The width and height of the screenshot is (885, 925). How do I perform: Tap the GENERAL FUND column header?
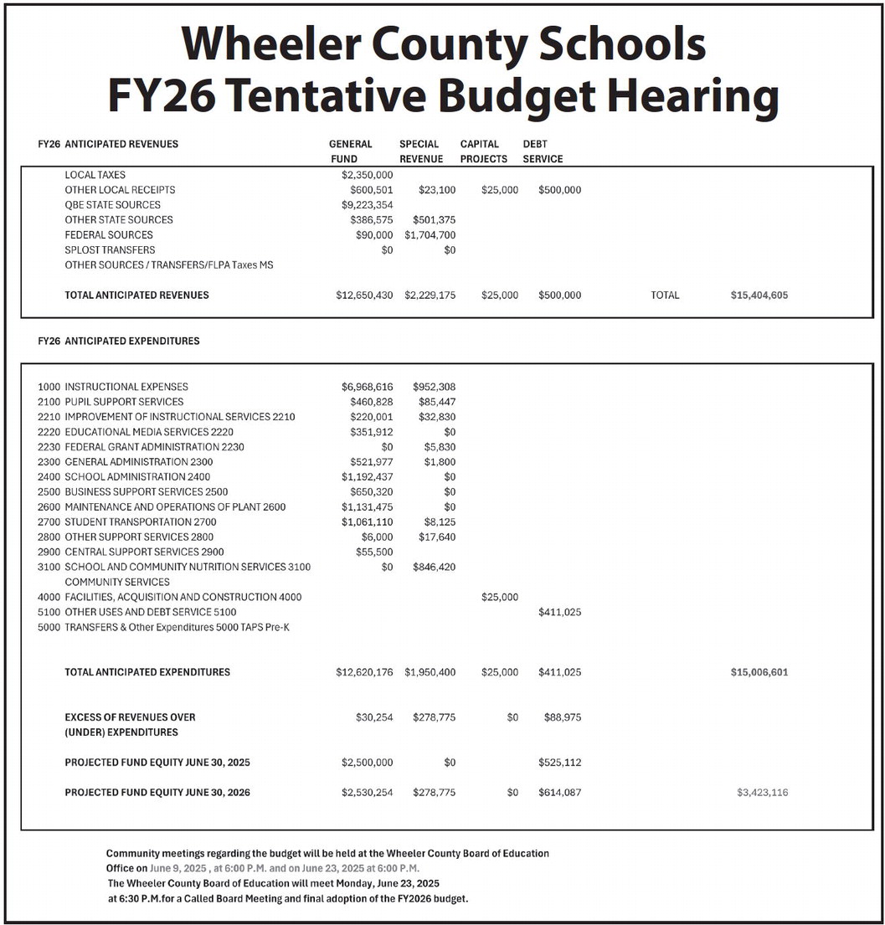tap(350, 152)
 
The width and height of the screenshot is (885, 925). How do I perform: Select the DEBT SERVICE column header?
tap(543, 152)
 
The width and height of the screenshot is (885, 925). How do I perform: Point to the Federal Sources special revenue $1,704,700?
tap(430, 235)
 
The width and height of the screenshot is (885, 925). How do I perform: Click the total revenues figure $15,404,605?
tap(759, 295)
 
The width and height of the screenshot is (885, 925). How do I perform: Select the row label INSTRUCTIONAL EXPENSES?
tap(126, 387)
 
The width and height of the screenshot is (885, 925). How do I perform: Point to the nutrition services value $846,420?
tap(434, 568)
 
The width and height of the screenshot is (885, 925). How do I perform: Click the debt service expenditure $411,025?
tap(559, 613)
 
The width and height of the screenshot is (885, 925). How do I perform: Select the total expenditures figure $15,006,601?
tap(759, 672)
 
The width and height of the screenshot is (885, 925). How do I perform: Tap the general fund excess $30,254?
tap(374, 717)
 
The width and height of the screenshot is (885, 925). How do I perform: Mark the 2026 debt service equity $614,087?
tap(559, 793)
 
